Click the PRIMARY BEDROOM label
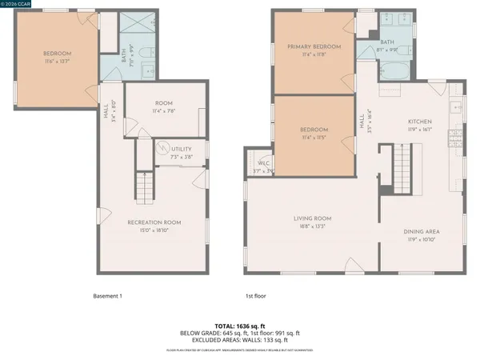coord(314,47)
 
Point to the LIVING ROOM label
coord(312,218)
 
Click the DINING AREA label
coord(422,232)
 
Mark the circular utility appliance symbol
coord(164,150)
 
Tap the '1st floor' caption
coord(256,295)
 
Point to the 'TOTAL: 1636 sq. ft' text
coord(239,326)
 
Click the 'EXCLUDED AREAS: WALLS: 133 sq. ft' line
coord(239,340)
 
